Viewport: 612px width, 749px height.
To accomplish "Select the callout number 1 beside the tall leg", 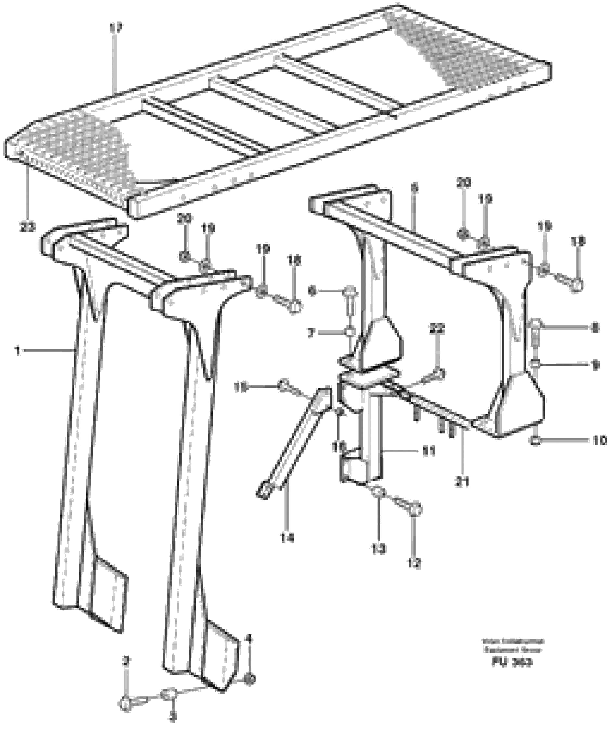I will [x=17, y=350].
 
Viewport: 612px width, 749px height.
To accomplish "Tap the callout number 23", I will [x=28, y=228].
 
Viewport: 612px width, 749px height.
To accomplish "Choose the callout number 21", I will [x=462, y=482].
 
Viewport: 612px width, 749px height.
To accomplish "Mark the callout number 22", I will [x=437, y=329].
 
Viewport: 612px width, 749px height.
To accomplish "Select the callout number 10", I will [x=599, y=440].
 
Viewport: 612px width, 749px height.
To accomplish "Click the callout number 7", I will [x=311, y=333].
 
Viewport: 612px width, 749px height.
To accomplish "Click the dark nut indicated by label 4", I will [x=249, y=679].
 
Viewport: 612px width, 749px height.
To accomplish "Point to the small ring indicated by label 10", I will [x=535, y=440].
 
